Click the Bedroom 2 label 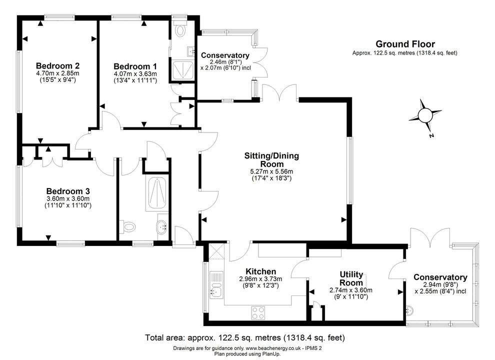(58, 65)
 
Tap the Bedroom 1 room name (135, 66)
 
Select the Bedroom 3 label (68, 191)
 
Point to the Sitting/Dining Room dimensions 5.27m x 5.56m (271, 171)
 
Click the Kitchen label (261, 271)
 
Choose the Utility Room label (351, 278)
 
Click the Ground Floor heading (405, 44)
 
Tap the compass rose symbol (425, 115)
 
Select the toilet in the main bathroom (127, 226)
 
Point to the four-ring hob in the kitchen (258, 313)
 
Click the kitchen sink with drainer (216, 284)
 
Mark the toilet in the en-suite (180, 28)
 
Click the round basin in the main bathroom (162, 226)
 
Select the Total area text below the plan (245, 337)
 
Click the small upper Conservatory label (225, 55)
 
